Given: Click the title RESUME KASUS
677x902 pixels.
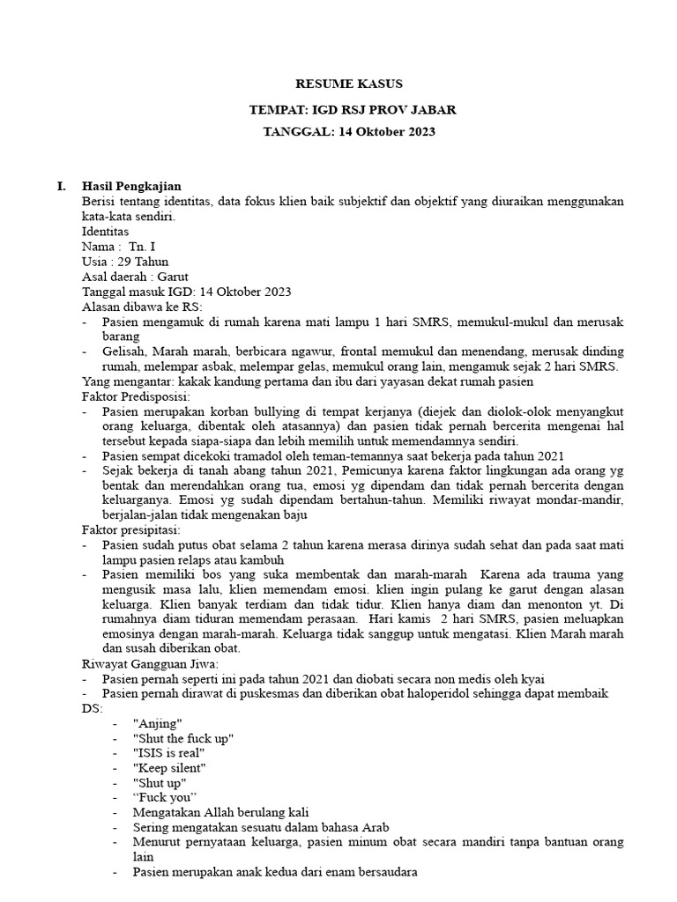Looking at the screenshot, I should tap(348, 84).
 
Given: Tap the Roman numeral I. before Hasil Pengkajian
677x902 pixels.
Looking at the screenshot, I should tap(60, 186).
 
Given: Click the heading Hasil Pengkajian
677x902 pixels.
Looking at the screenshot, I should tap(131, 186).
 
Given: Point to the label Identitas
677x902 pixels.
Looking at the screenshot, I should tap(106, 231).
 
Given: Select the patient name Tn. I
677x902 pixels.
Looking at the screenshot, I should tap(141, 246).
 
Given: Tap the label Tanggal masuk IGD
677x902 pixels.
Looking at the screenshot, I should tap(138, 292).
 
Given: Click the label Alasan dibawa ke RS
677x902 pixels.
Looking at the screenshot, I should tap(141, 307).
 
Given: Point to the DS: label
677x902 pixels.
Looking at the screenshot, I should tap(92, 707).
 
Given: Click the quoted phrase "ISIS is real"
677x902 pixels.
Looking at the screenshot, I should tap(168, 752).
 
